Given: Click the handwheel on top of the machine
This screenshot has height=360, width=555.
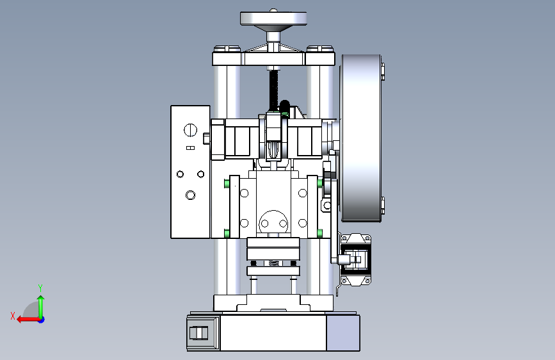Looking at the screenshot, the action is [x=273, y=19].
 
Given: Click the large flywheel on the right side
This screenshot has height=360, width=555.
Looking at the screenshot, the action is [x=360, y=138].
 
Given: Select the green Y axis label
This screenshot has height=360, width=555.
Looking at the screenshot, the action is [x=40, y=288].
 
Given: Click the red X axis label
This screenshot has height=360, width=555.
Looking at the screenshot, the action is [x=13, y=316].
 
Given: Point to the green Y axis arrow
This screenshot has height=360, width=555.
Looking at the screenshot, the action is [x=41, y=307].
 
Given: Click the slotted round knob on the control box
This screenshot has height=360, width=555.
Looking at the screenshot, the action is [x=190, y=130].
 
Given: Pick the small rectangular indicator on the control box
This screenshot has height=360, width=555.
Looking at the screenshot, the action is [x=190, y=148].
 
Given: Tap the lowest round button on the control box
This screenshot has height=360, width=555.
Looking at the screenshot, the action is [x=190, y=195].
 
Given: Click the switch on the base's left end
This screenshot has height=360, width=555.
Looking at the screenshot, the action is [x=198, y=333].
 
